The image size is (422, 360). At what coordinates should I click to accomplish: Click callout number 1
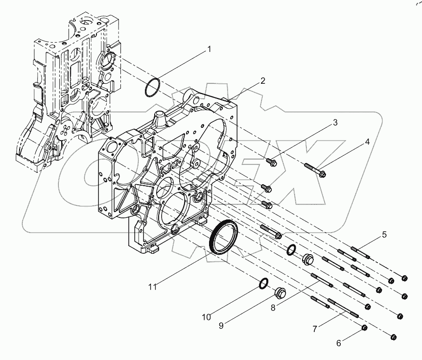pyautogui.click(x=209, y=49)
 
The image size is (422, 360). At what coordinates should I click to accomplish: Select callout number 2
pyautogui.click(x=263, y=81)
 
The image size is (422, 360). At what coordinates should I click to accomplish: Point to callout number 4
pyautogui.click(x=367, y=142)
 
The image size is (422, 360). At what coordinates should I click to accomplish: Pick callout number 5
pyautogui.click(x=384, y=235)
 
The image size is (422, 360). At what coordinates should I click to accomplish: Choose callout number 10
pyautogui.click(x=207, y=317)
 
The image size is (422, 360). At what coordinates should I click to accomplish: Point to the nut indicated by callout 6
pyautogui.click(x=364, y=327)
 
